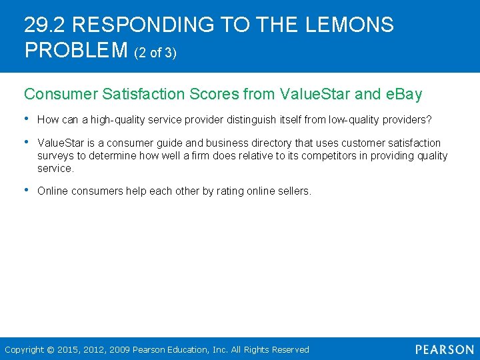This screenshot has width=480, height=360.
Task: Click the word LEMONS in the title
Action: click(x=349, y=25)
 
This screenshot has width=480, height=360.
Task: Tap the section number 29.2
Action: click(x=45, y=25)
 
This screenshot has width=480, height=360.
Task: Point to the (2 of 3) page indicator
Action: click(x=155, y=53)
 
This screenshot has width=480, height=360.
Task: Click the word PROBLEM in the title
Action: click(x=76, y=50)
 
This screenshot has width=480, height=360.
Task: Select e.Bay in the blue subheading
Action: click(x=404, y=94)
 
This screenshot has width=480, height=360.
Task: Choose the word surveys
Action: click(x=55, y=156)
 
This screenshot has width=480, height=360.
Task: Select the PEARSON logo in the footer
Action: click(x=444, y=349)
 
